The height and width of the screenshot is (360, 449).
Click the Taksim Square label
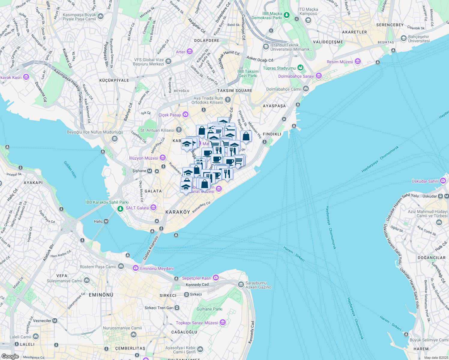235,91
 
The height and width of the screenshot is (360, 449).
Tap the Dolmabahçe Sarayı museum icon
318,76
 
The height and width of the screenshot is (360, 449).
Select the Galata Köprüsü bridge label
151,248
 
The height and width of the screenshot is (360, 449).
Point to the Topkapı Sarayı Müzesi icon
222,323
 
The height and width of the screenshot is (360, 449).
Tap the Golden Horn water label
70,169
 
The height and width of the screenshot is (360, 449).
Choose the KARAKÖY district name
178,212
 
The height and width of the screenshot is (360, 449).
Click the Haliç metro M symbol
106,221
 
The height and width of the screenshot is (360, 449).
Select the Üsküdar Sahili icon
443,181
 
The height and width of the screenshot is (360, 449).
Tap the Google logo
10,356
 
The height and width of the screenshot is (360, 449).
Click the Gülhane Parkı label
209,309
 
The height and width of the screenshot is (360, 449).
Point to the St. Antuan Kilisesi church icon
179,130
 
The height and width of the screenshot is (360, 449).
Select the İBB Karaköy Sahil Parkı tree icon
120,208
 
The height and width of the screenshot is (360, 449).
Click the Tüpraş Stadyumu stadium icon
300,68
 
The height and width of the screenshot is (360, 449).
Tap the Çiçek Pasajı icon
185,115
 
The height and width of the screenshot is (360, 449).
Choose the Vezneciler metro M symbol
55,321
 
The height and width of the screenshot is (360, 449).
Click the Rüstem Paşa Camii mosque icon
121,266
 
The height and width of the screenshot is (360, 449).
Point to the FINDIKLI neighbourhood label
272,134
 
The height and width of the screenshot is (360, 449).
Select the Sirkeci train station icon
186,295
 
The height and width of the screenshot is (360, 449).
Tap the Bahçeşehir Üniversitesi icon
404,39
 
